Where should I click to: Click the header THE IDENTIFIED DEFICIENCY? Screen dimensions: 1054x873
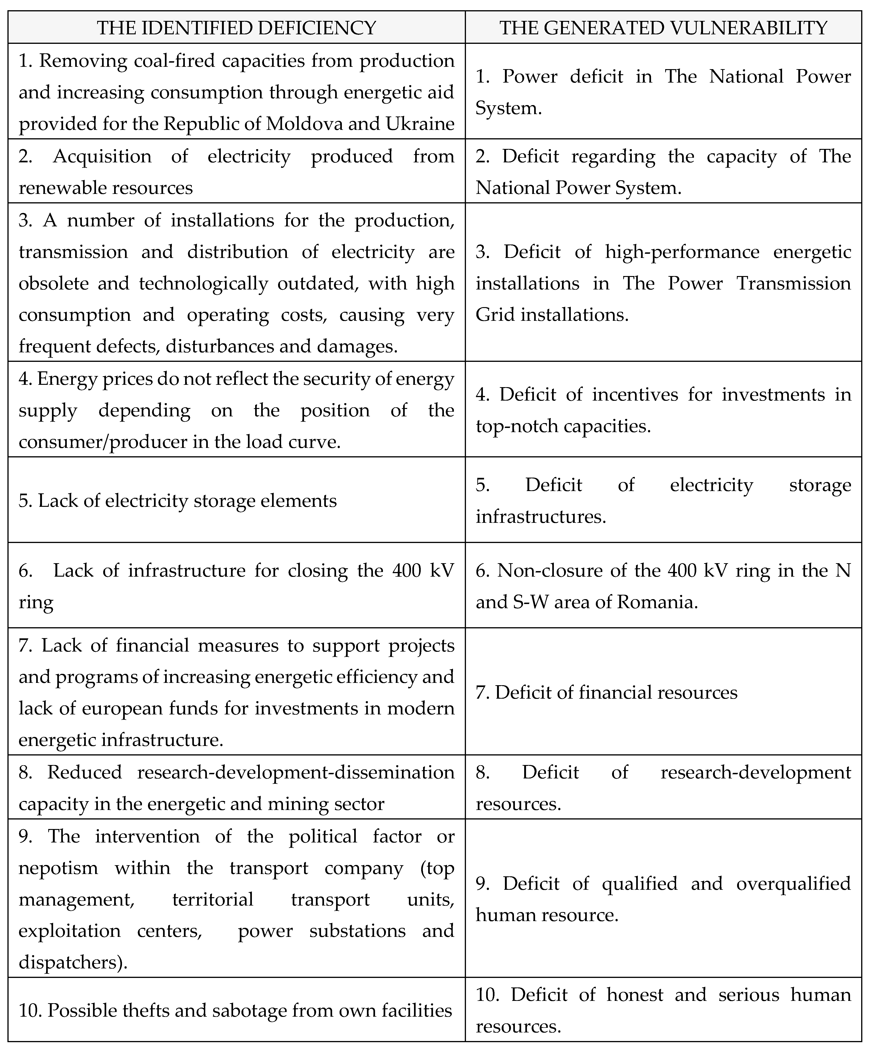pyautogui.click(x=236, y=28)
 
